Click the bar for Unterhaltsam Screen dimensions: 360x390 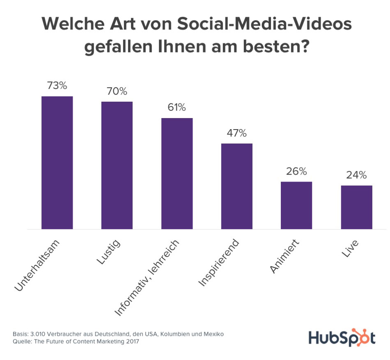(x=57, y=162)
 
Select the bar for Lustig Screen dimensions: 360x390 (x=117, y=165)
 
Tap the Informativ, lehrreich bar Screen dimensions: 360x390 (x=177, y=173)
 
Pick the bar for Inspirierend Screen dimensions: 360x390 (x=237, y=186)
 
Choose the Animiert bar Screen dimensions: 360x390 (x=296, y=205)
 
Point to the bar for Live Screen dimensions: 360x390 (x=356, y=207)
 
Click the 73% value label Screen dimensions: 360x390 (x=57, y=86)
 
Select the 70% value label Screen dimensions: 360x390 (x=117, y=91)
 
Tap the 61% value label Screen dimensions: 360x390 (x=177, y=108)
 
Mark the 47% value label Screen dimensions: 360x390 (x=237, y=133)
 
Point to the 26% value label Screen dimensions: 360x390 (x=296, y=171)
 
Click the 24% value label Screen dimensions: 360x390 (x=356, y=175)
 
